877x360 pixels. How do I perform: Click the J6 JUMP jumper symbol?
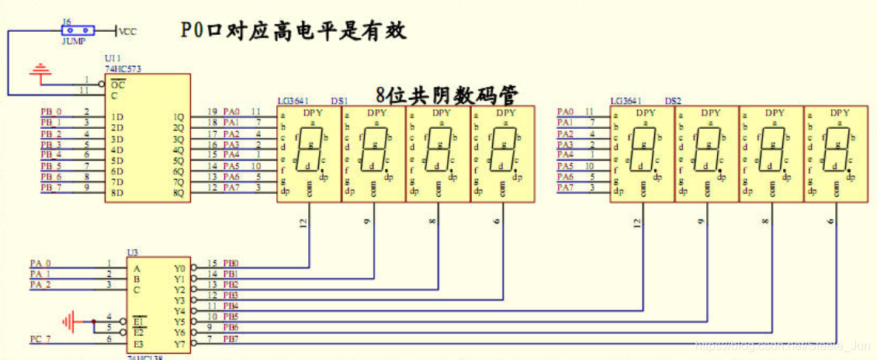(77, 30)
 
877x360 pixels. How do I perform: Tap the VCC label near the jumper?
(127, 31)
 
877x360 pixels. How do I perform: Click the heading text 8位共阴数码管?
(447, 95)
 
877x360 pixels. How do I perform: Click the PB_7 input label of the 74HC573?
(50, 187)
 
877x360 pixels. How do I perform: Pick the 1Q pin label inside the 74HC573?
(178, 116)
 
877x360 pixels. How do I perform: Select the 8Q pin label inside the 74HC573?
(178, 192)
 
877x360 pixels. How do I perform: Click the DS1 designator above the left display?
(339, 101)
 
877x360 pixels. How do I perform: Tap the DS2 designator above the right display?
(673, 101)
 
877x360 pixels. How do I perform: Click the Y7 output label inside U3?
(179, 343)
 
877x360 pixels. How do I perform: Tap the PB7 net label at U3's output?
(231, 339)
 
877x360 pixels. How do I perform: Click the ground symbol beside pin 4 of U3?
(71, 320)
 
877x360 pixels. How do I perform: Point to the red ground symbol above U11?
(40, 73)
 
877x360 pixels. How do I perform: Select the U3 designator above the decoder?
(131, 253)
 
